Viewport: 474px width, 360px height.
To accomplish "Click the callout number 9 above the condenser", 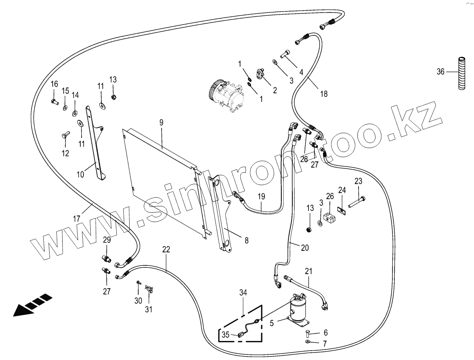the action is pos(161,122).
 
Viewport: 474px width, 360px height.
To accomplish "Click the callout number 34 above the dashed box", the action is pos(243,292).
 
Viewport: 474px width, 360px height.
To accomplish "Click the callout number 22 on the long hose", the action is pos(166,249).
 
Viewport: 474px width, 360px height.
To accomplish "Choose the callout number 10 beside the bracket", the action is pos(80,174).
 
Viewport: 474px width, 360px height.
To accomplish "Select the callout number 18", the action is pos(323,94).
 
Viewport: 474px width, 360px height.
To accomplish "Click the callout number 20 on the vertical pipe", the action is pos(305,248).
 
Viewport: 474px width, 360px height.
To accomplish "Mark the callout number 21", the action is pos(309,271).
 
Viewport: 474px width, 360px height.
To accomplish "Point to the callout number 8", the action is pos(246,240).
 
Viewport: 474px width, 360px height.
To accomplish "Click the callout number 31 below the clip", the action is pos(149,309).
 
